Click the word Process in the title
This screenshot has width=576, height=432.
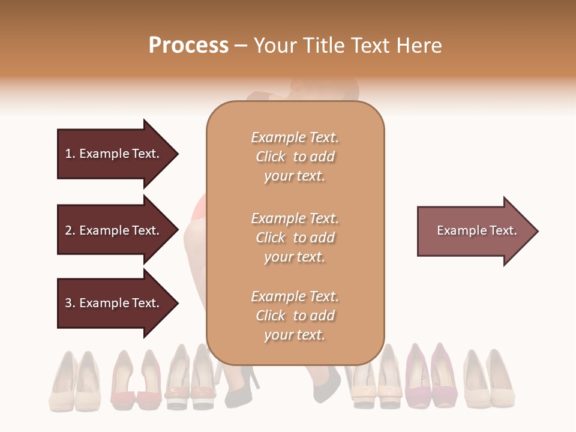188,46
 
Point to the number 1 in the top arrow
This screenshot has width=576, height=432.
68,154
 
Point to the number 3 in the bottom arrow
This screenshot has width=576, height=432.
68,303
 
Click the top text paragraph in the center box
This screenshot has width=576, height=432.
295,157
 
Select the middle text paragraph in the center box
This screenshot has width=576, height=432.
295,238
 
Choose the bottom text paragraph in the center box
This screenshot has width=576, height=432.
295,316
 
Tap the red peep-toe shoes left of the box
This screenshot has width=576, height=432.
136,379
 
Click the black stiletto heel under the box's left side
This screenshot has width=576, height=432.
242,384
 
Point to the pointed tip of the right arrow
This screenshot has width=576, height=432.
537,231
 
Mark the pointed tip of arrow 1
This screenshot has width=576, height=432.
177,154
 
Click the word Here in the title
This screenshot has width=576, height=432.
419,46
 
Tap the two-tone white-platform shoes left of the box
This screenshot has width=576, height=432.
190,378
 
